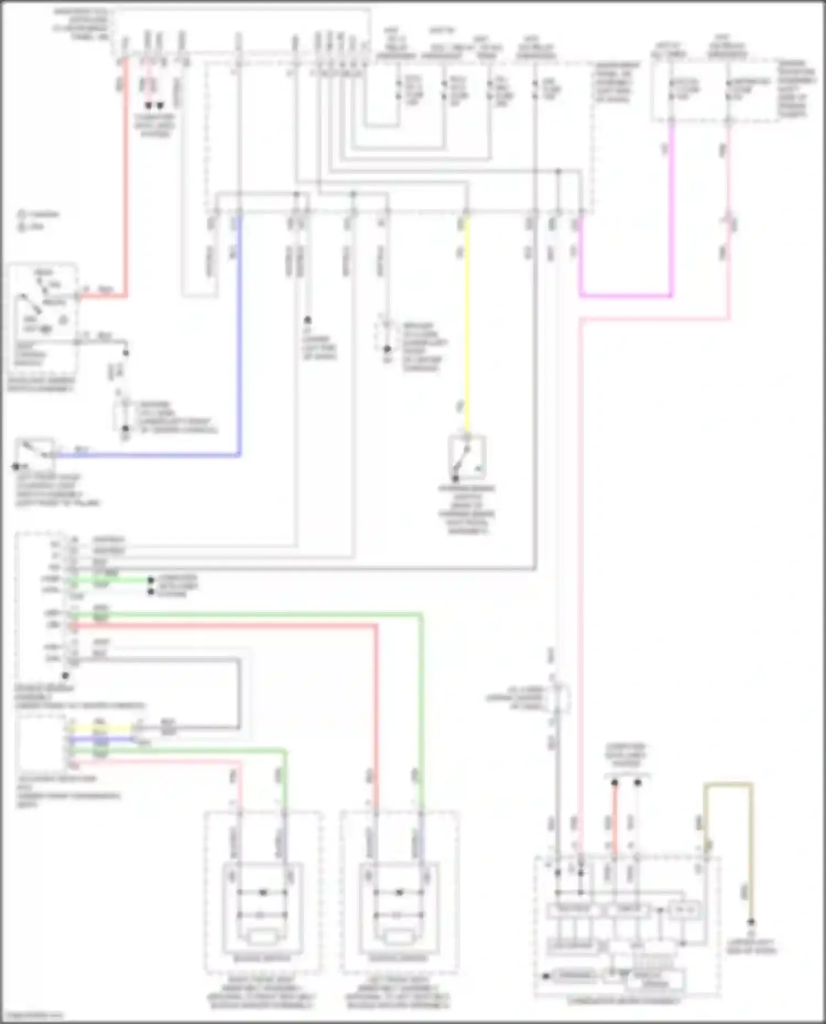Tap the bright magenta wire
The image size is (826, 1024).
(x=626, y=295)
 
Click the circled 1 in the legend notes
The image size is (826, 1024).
(x=21, y=215)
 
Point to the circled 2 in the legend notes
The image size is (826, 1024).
(x=21, y=227)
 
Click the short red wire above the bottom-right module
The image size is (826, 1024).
(x=615, y=814)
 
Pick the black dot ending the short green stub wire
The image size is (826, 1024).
(x=150, y=580)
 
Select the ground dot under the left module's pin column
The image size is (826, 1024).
(x=65, y=676)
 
